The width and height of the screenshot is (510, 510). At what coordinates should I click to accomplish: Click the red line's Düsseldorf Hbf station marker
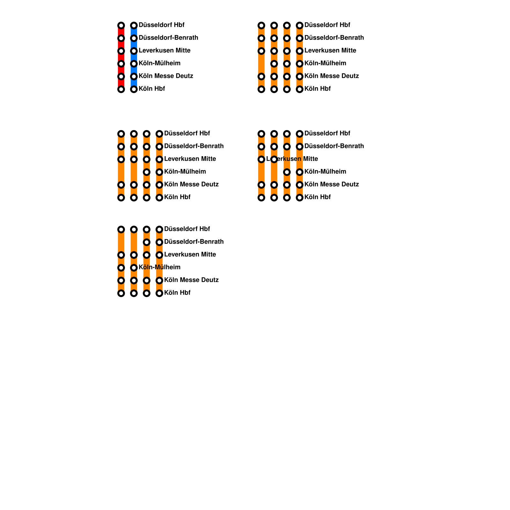click(x=121, y=25)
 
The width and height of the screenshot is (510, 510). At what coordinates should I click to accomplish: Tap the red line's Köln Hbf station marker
click(x=121, y=89)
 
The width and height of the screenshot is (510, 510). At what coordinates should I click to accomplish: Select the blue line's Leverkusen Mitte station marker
click(x=134, y=51)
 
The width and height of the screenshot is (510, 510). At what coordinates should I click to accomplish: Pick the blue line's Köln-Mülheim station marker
click(x=134, y=64)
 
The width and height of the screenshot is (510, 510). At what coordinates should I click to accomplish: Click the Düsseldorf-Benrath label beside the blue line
click(x=168, y=38)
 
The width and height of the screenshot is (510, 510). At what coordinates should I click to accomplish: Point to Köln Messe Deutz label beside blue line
click(x=166, y=76)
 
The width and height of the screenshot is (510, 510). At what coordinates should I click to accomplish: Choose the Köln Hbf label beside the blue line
click(x=152, y=89)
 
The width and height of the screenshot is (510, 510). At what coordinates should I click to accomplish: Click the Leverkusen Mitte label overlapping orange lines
click(x=292, y=159)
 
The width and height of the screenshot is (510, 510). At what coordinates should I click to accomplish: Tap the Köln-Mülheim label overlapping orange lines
click(x=159, y=267)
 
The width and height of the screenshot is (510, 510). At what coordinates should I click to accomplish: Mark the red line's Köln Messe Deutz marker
click(x=121, y=76)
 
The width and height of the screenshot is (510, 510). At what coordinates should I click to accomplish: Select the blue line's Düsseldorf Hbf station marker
click(x=134, y=25)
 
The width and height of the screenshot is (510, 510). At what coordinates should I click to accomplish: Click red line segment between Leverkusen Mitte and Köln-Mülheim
click(x=121, y=57)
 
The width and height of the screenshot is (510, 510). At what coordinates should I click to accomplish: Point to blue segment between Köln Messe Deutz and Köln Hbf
click(x=134, y=83)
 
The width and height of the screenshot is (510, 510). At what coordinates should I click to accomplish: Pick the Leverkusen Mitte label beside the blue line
click(x=164, y=50)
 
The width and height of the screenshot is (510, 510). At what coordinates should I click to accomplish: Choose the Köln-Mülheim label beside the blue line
click(x=159, y=63)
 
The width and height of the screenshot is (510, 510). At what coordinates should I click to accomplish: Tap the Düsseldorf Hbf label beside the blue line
click(x=161, y=25)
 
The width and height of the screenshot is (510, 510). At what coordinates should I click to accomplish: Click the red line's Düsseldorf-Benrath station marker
click(x=121, y=38)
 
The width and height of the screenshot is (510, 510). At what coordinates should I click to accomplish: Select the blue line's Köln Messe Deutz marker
click(x=134, y=76)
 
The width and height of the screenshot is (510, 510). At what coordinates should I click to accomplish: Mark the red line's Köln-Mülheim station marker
click(x=121, y=64)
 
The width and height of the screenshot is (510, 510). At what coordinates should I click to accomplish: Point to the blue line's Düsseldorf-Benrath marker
click(x=134, y=38)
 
